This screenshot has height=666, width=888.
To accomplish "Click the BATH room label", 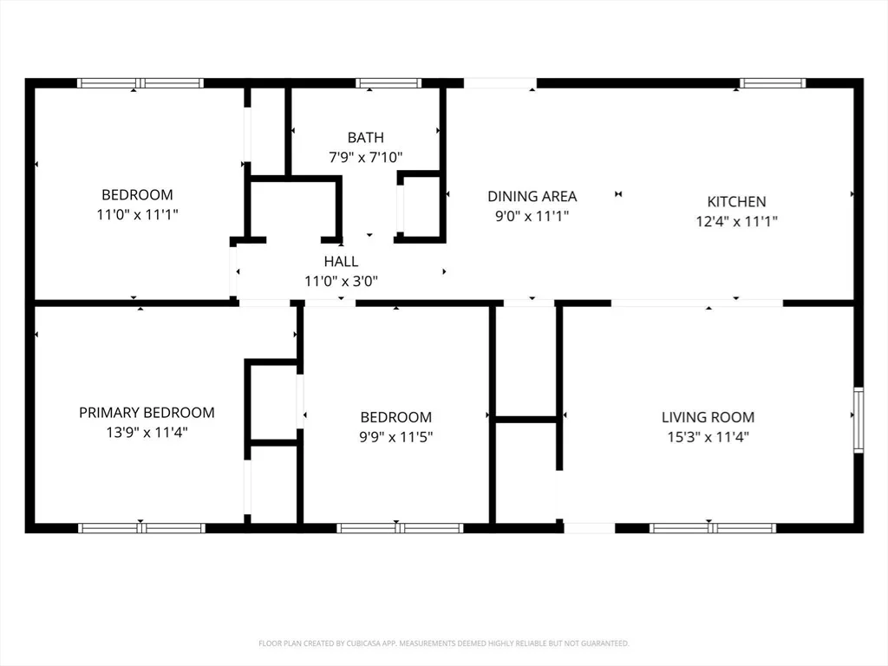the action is point(365,138).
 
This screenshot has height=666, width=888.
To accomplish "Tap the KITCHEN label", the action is point(736,201).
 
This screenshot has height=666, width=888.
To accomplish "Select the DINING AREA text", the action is point(532,197).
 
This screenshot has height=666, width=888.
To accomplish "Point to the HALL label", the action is point(341,262).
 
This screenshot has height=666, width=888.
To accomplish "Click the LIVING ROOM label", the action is point(708,417).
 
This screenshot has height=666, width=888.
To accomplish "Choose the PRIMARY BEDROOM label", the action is point(147,413).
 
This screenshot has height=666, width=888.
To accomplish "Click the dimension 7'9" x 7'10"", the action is point(365,157).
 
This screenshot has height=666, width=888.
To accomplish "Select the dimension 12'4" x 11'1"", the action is point(736,221).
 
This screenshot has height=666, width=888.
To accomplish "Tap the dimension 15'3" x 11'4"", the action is point(708,437).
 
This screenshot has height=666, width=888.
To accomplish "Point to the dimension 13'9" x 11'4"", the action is point(147,432).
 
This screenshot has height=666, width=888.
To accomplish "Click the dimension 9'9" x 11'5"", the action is point(395,437).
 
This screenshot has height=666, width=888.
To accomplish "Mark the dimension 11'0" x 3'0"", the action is point(341,281).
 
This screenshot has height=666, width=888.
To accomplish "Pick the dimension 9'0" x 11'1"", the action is point(532,216).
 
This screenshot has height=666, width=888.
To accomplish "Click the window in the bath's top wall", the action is point(388,83).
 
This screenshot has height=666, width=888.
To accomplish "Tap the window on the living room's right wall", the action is point(859,421).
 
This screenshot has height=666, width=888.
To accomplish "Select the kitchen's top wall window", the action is point(773,83).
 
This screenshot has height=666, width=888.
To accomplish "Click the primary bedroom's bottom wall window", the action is point(141,528).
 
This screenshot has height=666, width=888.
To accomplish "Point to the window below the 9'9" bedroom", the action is point(400,528).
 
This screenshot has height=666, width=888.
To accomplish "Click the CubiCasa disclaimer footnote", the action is point(443,643).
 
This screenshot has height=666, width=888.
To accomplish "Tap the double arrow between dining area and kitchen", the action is point(618,194).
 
